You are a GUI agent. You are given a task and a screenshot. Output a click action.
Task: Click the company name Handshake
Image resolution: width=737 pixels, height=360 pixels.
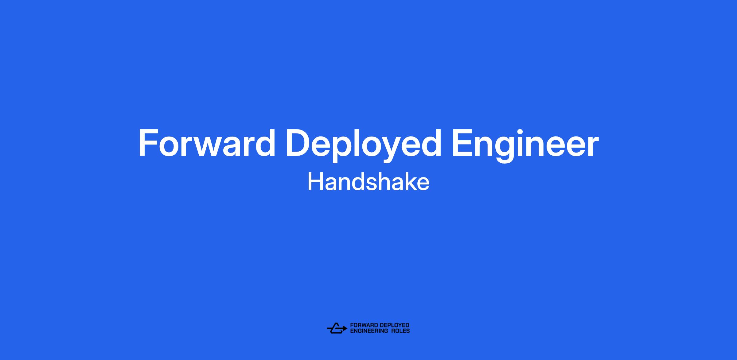368,182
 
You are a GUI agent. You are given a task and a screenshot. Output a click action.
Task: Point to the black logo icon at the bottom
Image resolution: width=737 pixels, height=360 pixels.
337,328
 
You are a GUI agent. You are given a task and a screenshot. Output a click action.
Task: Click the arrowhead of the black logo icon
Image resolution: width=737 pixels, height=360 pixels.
345,328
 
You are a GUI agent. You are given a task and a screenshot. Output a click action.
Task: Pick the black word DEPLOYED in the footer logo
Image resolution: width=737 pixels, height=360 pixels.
395,325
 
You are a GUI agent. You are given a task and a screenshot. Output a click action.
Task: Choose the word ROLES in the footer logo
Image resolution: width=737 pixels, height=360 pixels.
400,331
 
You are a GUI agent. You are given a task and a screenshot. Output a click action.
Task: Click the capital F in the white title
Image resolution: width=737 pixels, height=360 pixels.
148,143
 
